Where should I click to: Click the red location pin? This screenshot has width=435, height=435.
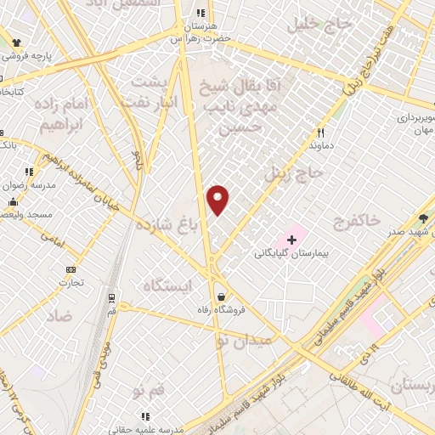tap(218, 200)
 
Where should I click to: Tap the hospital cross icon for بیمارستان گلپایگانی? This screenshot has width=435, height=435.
tap(291, 240)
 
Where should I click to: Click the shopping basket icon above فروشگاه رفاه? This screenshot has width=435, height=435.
tap(221, 297)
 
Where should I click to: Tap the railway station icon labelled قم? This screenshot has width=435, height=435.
tap(111, 297)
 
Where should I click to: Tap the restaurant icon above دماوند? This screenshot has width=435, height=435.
tap(320, 133)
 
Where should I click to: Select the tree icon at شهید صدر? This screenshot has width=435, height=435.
tap(423, 217)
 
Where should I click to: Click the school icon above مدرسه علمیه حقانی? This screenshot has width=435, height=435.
tap(145, 416)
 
